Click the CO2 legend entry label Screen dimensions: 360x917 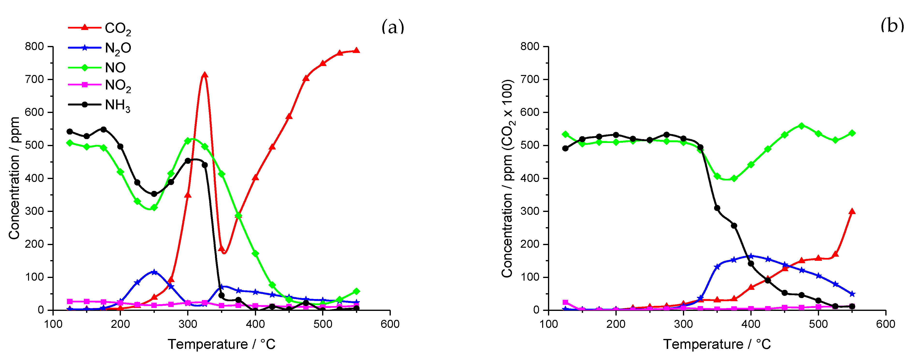click(x=118, y=29)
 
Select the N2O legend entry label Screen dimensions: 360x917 click(x=118, y=48)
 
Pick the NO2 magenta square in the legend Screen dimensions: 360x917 click(x=85, y=85)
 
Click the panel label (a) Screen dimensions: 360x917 click(x=393, y=27)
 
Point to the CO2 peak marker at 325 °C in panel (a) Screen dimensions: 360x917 click(x=205, y=75)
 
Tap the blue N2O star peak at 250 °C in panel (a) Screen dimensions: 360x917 click(x=154, y=272)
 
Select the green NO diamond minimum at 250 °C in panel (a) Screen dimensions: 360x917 click(x=154, y=207)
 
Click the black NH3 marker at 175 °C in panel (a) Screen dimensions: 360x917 click(x=104, y=129)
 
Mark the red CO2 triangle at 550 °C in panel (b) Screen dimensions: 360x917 click(x=852, y=211)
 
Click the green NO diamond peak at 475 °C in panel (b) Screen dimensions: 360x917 click(x=802, y=126)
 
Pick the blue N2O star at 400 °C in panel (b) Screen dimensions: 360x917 click(x=751, y=256)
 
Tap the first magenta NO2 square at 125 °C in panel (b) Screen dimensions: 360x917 click(x=565, y=302)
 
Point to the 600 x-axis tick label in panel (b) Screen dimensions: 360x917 click(x=885, y=324)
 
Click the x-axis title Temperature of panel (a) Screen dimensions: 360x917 click(x=222, y=344)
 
